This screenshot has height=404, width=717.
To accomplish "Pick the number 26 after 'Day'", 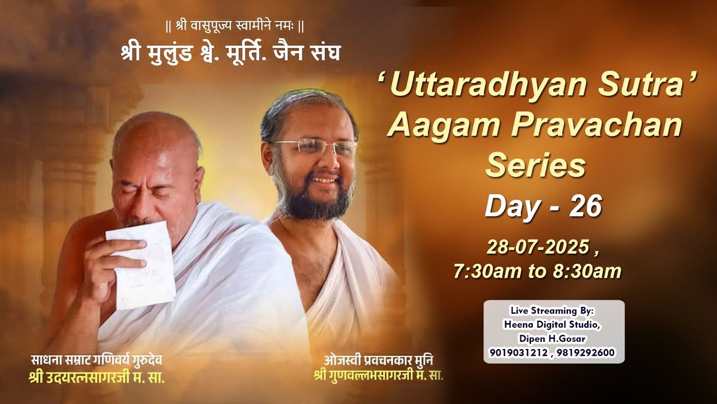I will pyautogui.click(x=585, y=206).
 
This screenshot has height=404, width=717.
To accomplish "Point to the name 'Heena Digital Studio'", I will pyautogui.click(x=552, y=324).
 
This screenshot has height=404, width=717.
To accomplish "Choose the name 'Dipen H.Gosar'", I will pyautogui.click(x=553, y=338).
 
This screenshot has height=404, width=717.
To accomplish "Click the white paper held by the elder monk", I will pyautogui.click(x=142, y=264).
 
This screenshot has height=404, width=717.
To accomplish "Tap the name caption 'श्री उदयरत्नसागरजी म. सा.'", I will pyautogui.click(x=96, y=377).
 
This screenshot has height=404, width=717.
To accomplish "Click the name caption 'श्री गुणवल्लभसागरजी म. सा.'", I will pyautogui.click(x=379, y=374).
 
